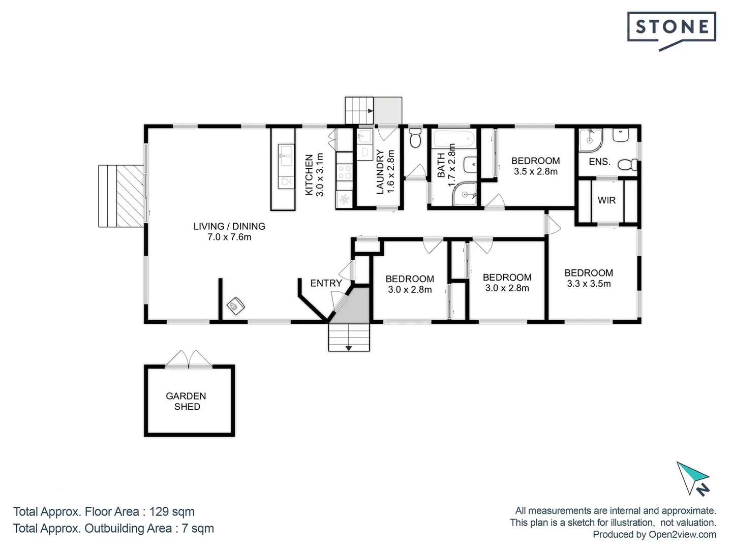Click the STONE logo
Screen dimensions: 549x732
(672, 28)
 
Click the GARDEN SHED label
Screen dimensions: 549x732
(186, 401)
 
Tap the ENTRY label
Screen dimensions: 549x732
(326, 283)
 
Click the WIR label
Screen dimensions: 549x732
(606, 200)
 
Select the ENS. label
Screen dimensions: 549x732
(599, 162)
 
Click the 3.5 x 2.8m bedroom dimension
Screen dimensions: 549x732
(535, 172)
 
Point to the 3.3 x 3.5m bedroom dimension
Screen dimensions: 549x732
(589, 284)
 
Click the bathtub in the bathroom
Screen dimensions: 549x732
(453, 138)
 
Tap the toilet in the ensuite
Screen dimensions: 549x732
(628, 164)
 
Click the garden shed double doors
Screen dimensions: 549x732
(188, 360)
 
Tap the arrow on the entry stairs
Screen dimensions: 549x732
(349, 348)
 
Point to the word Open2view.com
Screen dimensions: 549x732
(682, 534)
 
